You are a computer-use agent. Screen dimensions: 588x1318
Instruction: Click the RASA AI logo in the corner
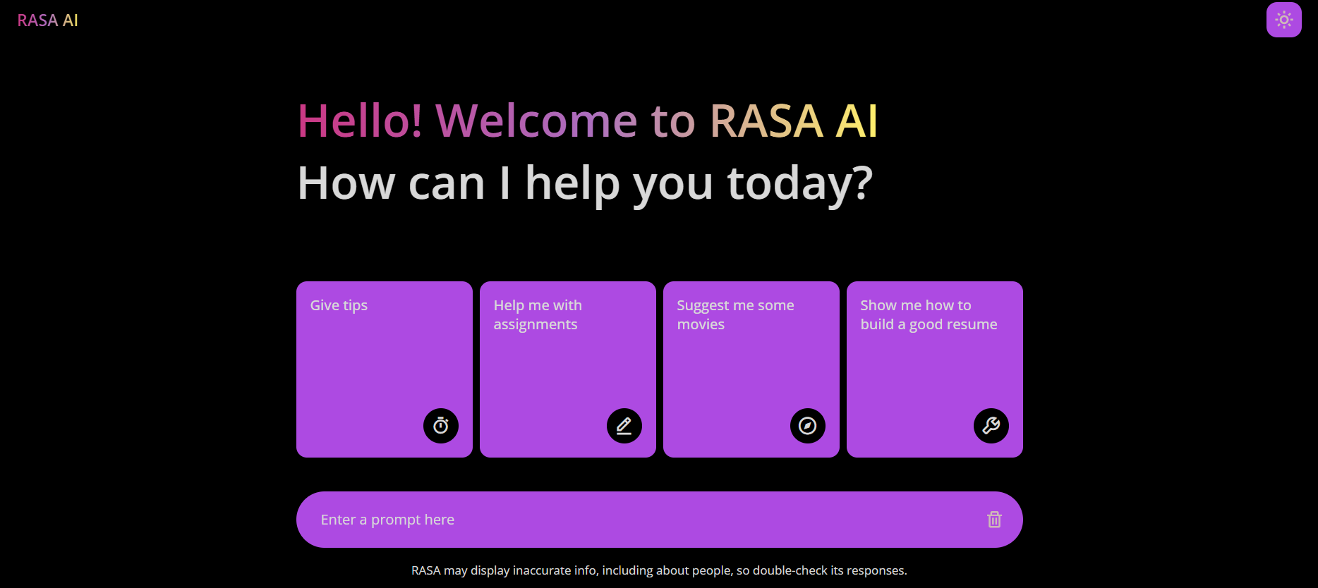click(x=47, y=20)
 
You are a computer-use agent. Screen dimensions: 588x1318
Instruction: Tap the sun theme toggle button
click(x=1283, y=20)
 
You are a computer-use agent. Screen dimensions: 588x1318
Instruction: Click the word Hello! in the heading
click(x=360, y=121)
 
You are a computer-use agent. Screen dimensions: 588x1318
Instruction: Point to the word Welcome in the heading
click(x=536, y=121)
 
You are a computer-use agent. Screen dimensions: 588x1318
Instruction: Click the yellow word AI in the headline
click(x=857, y=121)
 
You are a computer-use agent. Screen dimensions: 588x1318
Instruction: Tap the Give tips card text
click(x=339, y=305)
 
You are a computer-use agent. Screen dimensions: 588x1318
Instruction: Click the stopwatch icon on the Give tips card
click(x=441, y=426)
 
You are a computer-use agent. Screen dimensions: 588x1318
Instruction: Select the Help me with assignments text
click(x=537, y=314)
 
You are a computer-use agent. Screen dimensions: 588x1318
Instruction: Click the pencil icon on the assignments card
click(x=624, y=426)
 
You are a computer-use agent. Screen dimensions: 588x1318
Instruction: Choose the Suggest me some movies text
click(x=735, y=314)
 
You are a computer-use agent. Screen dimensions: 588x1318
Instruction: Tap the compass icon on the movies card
click(x=808, y=426)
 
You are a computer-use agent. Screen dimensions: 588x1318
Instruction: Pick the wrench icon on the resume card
click(x=991, y=426)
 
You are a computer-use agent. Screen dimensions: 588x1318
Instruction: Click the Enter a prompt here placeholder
click(x=387, y=520)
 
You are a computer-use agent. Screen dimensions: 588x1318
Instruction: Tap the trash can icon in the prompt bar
click(x=994, y=520)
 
